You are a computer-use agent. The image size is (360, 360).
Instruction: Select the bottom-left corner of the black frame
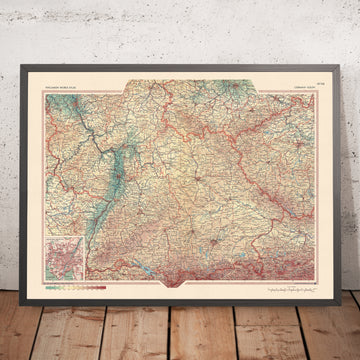(x=21, y=284)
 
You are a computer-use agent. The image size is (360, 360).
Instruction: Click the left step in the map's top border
(x=120, y=92)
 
